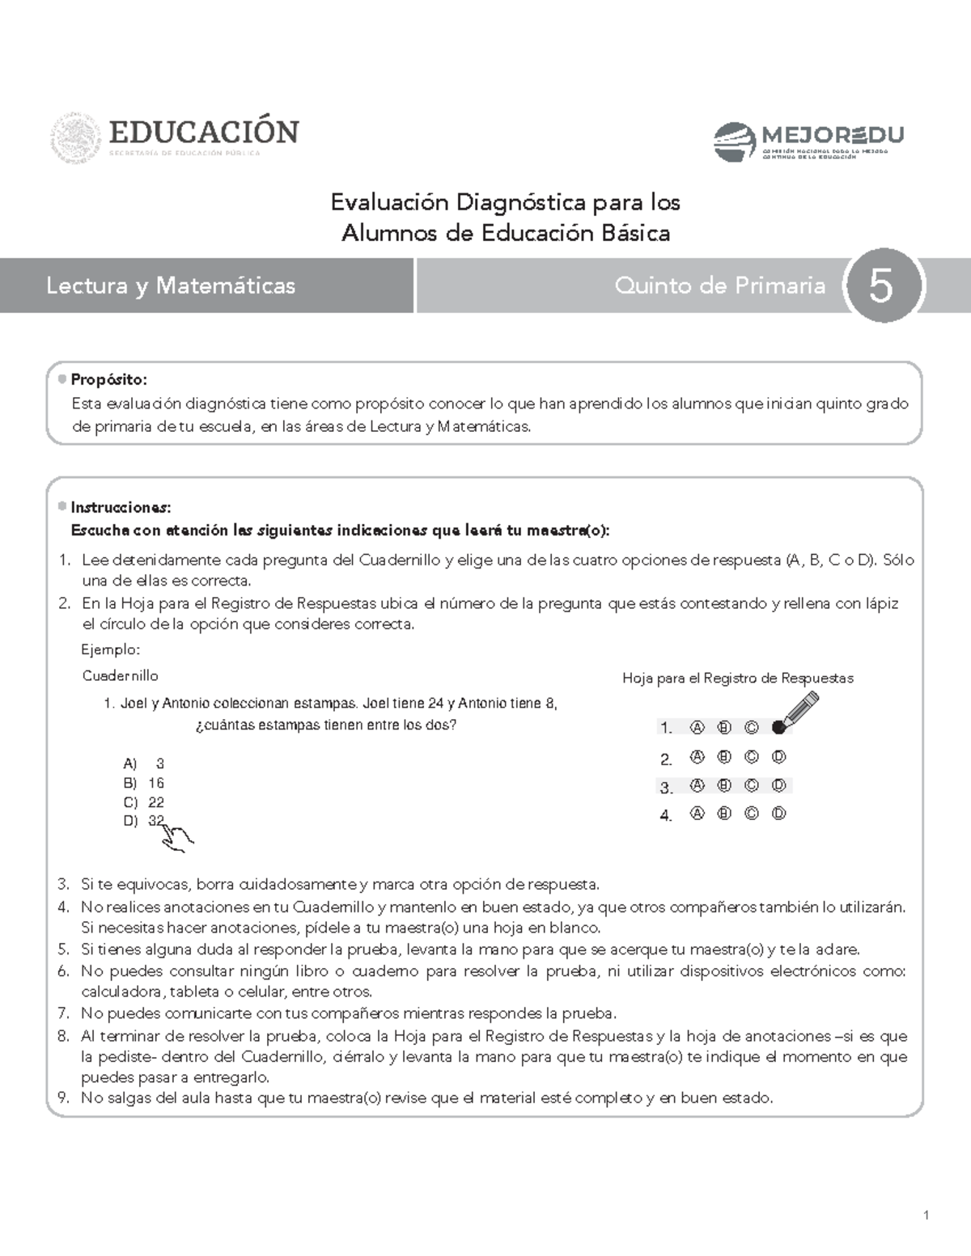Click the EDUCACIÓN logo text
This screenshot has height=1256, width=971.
click(204, 131)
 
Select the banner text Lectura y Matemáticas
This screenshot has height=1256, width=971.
click(171, 285)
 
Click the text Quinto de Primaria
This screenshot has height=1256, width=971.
click(719, 285)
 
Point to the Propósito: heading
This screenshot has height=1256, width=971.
click(108, 380)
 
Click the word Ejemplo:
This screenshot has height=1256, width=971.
click(111, 649)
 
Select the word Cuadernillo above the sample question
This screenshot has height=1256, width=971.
click(121, 675)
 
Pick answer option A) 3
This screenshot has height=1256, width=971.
click(144, 763)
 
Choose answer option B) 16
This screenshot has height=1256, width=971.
click(144, 783)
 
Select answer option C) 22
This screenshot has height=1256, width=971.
click(144, 802)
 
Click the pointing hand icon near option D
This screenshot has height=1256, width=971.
click(177, 838)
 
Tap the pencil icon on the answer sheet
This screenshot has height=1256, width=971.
click(800, 710)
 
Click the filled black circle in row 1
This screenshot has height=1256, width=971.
click(778, 727)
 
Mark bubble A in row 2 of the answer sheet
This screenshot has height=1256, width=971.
click(697, 758)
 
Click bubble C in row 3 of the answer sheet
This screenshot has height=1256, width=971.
click(751, 785)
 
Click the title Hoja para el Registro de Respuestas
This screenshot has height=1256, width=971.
click(737, 679)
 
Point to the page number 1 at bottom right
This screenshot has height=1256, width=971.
click(926, 1216)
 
